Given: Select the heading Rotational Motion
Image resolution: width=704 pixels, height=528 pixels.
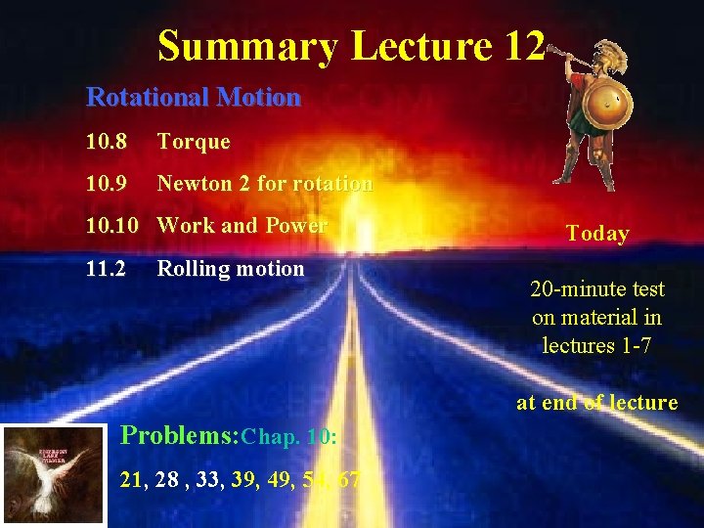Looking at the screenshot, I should pos(194,98).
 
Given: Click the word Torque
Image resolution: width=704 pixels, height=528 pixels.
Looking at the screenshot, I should pos(194,142).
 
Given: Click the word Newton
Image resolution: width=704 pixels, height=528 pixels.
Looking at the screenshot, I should pos(193,184).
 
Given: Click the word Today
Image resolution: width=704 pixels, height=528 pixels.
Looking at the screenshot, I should pos(597,234).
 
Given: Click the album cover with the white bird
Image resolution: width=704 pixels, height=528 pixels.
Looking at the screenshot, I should pos(54,474).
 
